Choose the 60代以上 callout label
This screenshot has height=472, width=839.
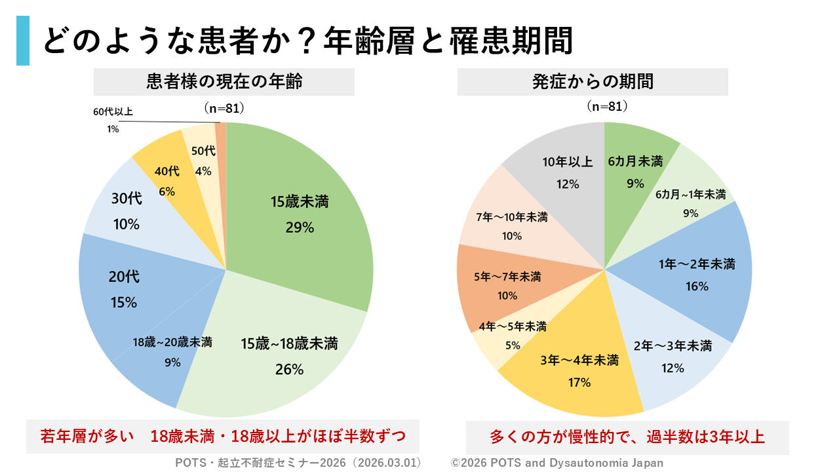coord(113,112)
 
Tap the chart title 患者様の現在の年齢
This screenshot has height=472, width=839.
coord(224,82)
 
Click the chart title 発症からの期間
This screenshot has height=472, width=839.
coord(593,82)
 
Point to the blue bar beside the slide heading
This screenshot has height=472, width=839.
coord(23,41)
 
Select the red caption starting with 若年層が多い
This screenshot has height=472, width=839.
coord(223,436)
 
